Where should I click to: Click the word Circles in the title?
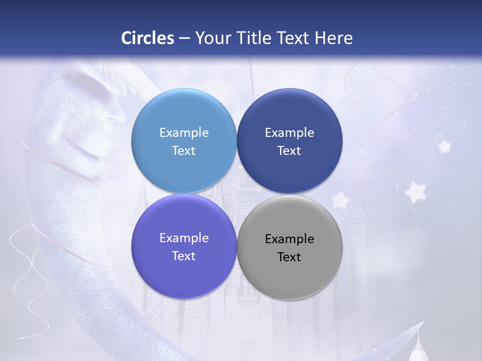(148, 38)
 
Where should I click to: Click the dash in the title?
(184, 39)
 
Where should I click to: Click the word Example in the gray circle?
(290, 239)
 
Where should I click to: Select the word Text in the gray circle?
(289, 257)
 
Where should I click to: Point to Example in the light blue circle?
(184, 133)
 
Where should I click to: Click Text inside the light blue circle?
(184, 151)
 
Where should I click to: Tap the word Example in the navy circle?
(290, 133)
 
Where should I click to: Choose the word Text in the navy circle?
(289, 151)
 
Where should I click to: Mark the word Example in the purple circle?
(184, 238)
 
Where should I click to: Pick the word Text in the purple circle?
(184, 256)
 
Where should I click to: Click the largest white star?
(415, 192)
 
